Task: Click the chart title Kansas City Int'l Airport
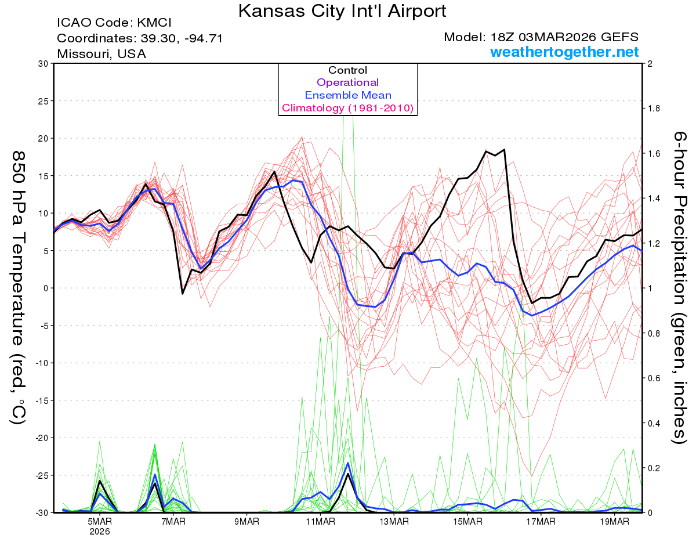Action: click(342, 10)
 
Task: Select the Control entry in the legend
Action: click(347, 70)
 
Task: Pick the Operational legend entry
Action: click(347, 82)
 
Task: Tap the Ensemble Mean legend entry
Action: click(347, 95)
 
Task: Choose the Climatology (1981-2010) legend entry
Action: click(347, 108)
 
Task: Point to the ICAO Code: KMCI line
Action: click(115, 23)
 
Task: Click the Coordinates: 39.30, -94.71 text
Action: click(140, 38)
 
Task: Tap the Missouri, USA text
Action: click(101, 54)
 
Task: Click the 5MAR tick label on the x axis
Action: click(100, 521)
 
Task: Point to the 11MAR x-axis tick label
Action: click(320, 521)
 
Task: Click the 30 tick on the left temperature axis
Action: click(43, 64)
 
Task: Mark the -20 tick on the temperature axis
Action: click(41, 438)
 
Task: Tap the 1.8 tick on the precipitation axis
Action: click(654, 109)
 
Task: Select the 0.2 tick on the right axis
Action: click(654, 468)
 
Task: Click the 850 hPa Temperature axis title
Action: click(19, 288)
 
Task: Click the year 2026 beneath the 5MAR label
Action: click(100, 531)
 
